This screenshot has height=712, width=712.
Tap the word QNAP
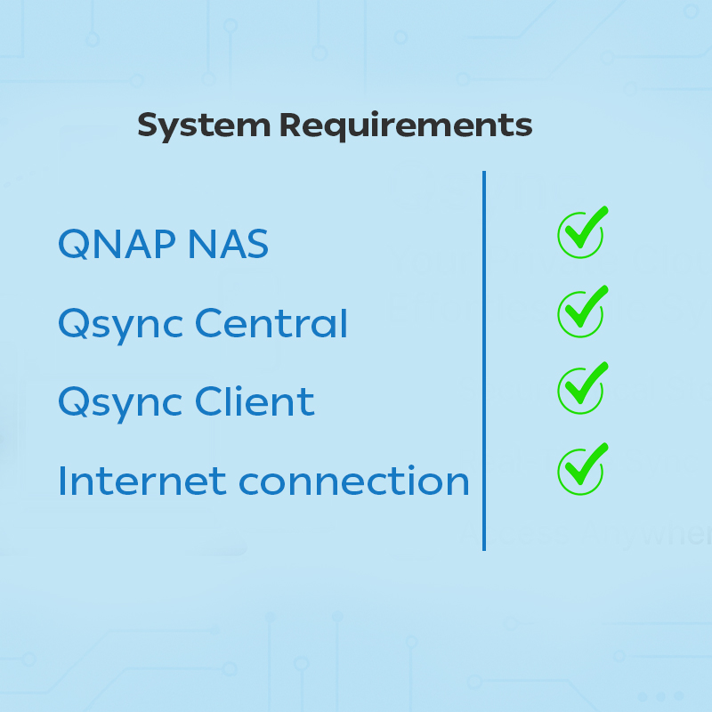[115, 244]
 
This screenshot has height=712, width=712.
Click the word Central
[271, 323]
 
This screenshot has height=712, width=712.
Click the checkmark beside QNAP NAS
[581, 233]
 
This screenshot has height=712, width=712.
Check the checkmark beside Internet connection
[581, 469]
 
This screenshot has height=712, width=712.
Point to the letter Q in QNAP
[74, 245]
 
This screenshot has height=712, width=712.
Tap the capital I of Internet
[63, 481]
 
